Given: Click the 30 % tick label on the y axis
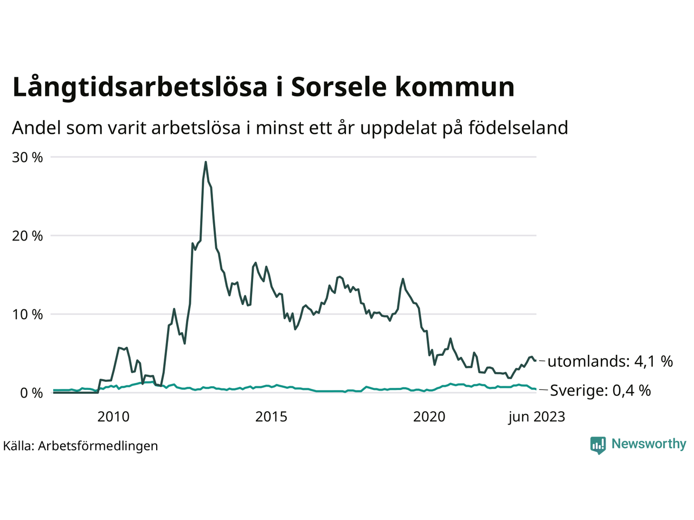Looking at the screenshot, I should [27, 157].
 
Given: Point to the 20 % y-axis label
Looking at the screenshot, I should [27, 236].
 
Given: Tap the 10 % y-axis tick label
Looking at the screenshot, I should [27, 314].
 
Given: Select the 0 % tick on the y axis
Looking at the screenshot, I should [31, 393].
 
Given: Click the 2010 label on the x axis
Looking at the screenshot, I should [113, 417].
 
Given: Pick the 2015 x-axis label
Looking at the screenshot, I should [271, 417].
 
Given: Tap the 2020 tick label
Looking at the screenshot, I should [429, 417].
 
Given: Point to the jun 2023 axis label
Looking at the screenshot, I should [536, 417].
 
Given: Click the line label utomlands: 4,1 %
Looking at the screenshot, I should [610, 361].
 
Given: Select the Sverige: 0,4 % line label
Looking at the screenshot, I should [600, 391].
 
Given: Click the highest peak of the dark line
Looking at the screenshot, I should [205, 161].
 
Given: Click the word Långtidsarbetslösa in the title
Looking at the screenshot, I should [140, 88].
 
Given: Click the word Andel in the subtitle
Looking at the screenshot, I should [36, 128].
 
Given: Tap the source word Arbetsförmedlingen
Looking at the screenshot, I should [98, 446].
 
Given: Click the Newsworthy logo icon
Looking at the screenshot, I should [597, 445].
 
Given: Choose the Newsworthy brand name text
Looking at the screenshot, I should [648, 444].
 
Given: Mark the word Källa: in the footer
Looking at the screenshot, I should [18, 446].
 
